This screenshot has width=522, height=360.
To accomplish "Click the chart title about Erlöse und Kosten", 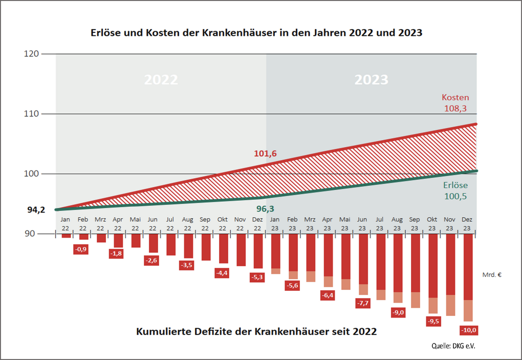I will click(x=256, y=33).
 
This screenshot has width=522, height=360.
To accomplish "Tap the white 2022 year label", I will click(x=161, y=80).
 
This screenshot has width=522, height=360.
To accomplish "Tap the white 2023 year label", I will click(x=372, y=80).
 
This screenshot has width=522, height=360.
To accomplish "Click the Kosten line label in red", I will click(x=455, y=97).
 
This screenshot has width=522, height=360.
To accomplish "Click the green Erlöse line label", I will click(x=455, y=185).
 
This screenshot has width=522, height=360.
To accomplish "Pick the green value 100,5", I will click(x=456, y=196).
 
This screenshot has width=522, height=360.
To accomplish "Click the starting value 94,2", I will click(x=36, y=209).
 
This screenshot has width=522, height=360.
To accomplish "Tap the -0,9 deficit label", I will click(x=81, y=249).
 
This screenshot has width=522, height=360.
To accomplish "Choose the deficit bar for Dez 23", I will click(x=468, y=277).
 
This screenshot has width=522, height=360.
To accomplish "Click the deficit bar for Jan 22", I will click(x=66, y=236).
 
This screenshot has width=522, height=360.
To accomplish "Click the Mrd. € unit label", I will click(x=491, y=274).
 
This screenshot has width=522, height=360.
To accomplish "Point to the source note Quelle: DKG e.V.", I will click(x=453, y=346).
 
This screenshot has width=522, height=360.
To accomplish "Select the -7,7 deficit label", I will click(x=363, y=303).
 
